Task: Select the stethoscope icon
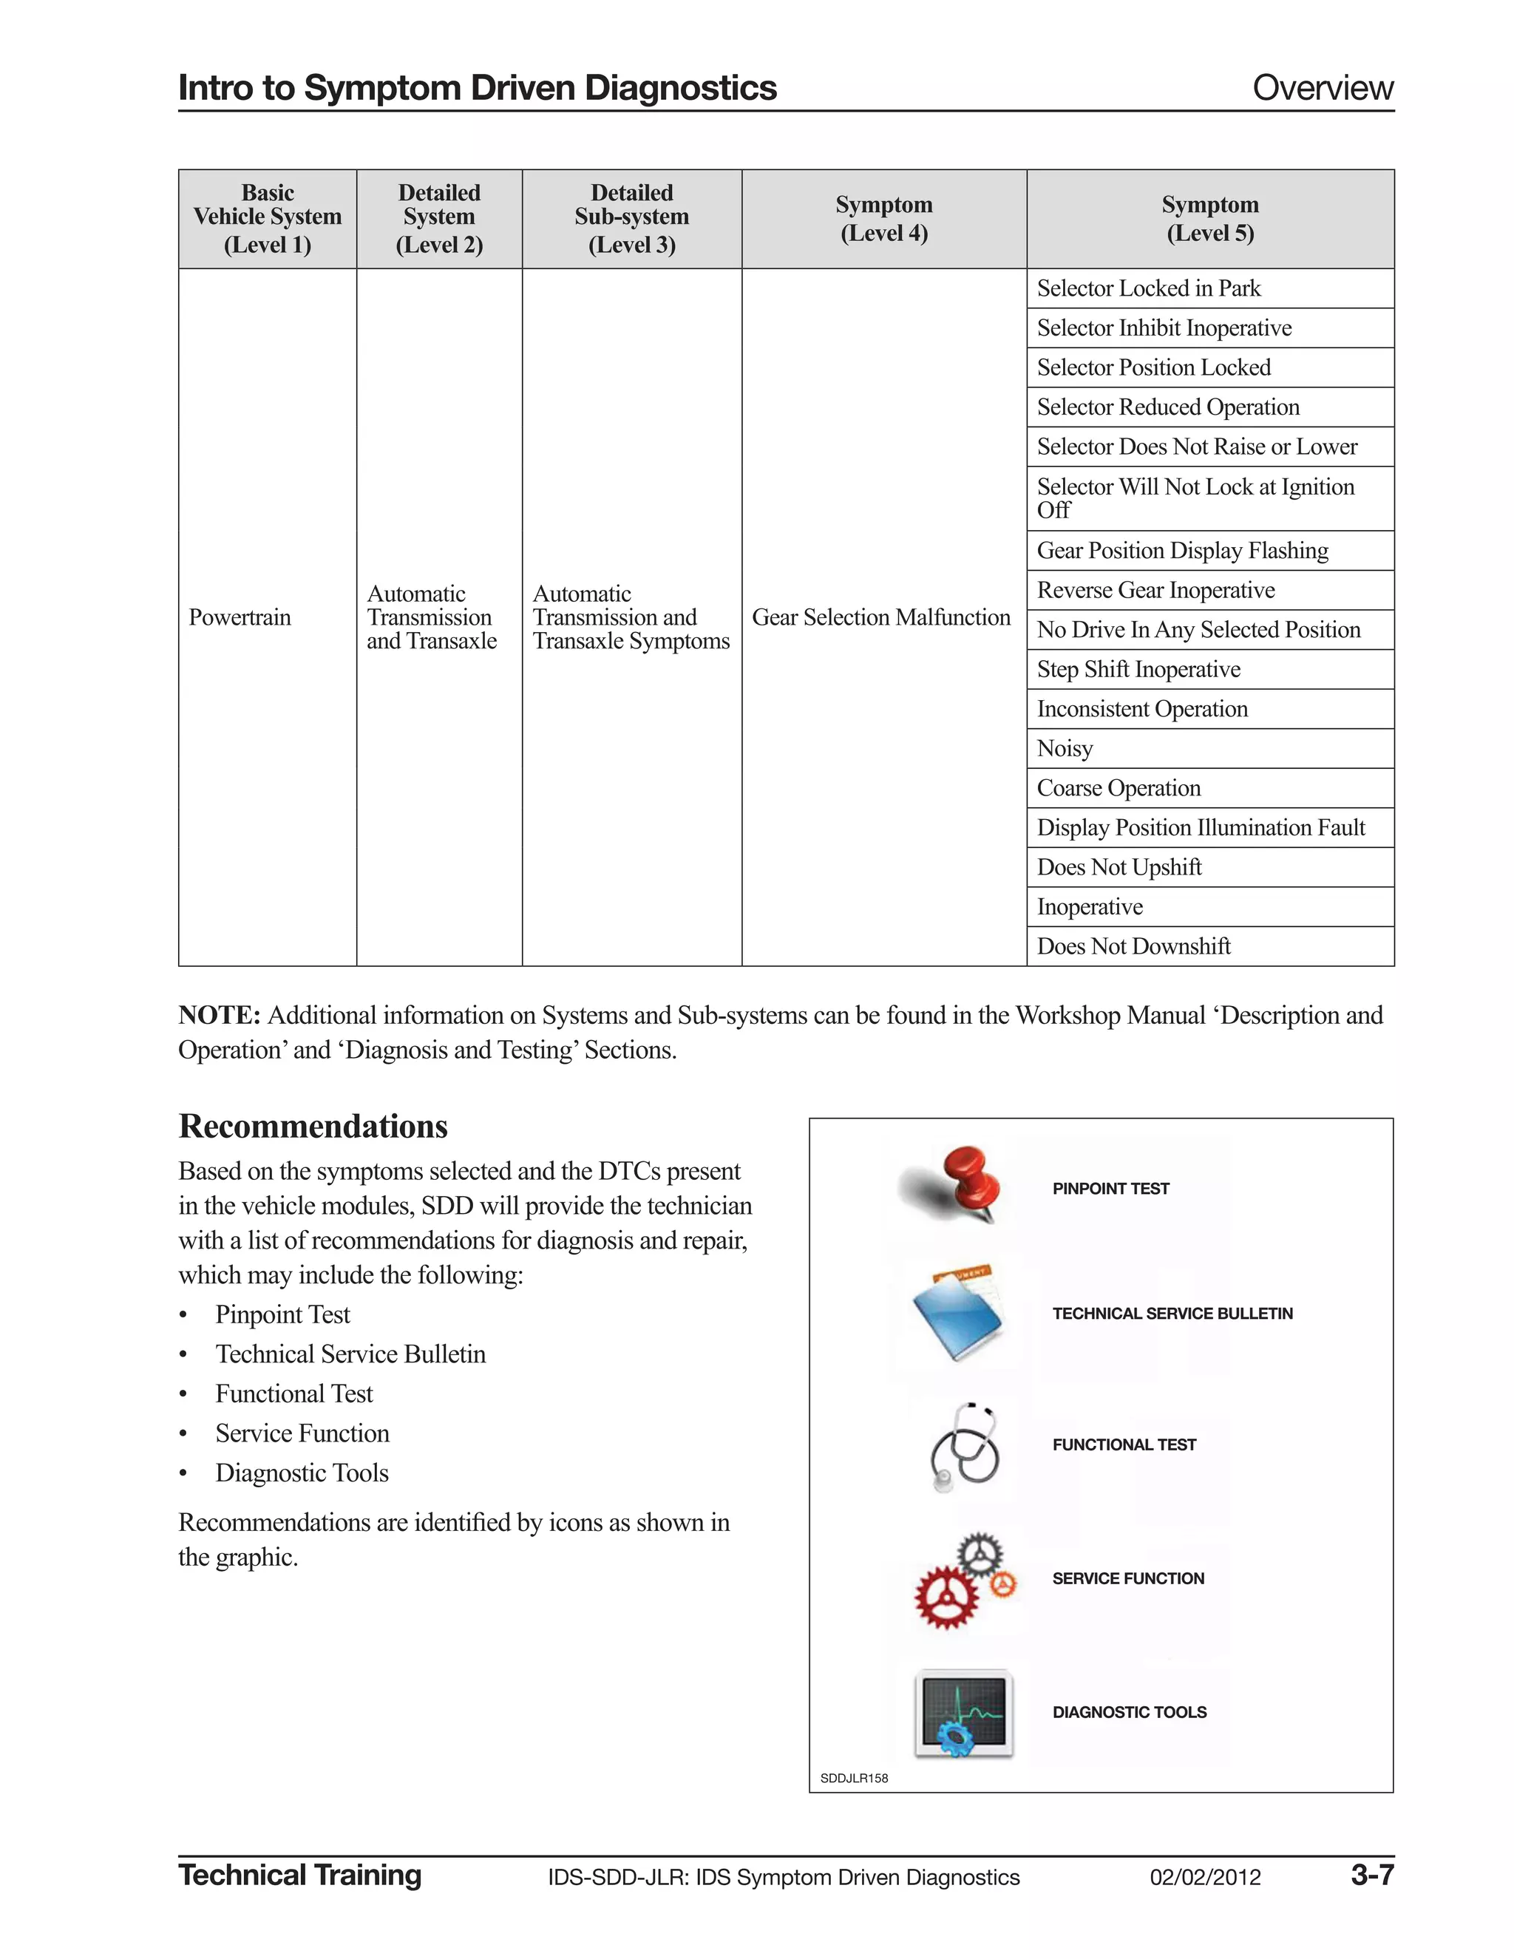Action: point(964,1446)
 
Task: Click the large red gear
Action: point(946,1597)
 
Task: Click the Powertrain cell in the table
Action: point(240,617)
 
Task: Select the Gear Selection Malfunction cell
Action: point(880,617)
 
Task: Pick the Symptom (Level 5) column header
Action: point(1210,219)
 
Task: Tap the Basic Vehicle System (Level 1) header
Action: point(268,219)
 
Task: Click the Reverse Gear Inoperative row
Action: point(1155,590)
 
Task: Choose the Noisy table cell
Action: point(1065,748)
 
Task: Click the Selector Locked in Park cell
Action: point(1148,288)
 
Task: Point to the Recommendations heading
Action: point(313,1127)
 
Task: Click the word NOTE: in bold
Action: point(219,1016)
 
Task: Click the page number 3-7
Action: point(1371,1875)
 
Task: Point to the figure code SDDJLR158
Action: point(854,1778)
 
